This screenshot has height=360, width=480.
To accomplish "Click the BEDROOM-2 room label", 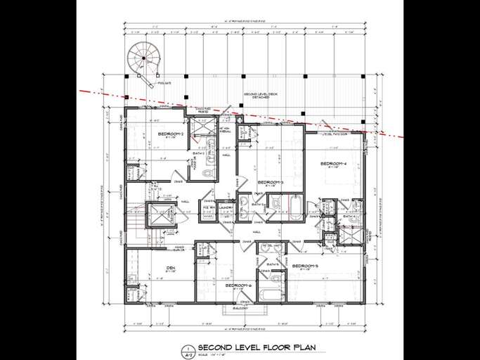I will coord(170,134).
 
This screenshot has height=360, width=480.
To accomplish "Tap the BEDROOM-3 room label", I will coord(271,182).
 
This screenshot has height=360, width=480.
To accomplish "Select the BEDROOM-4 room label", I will coord(334,163).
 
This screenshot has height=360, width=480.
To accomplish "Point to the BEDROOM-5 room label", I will coord(307,266).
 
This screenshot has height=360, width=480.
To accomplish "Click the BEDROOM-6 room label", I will coord(239,285).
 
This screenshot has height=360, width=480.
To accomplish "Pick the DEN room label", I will coord(170,268).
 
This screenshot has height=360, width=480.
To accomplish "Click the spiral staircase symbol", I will coord(144,55).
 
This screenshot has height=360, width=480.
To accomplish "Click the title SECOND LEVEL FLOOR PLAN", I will coord(257,347).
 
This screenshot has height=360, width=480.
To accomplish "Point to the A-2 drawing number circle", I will coord(187,349).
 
